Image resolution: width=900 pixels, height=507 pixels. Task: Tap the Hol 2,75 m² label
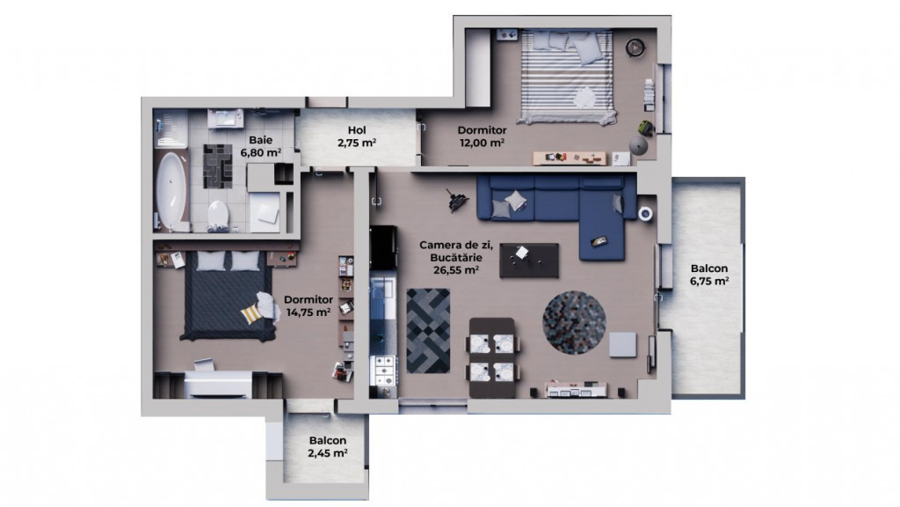[x=357, y=136]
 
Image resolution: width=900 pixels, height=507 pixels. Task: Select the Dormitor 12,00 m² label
[x=481, y=136]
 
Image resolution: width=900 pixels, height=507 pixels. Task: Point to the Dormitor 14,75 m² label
[x=308, y=305]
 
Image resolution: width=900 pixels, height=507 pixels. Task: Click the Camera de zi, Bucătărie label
[x=449, y=257]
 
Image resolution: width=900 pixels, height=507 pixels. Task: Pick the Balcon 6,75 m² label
[x=709, y=275]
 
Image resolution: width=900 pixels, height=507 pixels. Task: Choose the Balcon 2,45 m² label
[x=327, y=447]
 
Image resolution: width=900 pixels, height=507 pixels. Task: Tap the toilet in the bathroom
[x=218, y=212]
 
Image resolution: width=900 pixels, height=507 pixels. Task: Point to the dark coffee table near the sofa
[x=528, y=260]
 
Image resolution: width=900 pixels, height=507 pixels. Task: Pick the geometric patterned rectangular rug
[x=428, y=329]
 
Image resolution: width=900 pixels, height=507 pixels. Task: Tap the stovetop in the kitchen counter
[x=384, y=373]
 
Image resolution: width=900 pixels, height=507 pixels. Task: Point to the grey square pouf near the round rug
[x=622, y=343]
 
